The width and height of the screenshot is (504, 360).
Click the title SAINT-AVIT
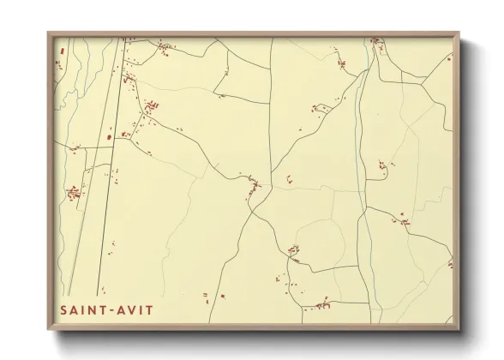point(106,309)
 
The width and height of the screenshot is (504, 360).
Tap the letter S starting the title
point(63,309)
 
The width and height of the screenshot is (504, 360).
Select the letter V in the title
point(131,309)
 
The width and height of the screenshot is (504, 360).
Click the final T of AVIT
point(150,309)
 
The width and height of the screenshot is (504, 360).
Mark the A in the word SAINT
point(73,309)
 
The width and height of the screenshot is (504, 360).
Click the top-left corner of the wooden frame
point(48,33)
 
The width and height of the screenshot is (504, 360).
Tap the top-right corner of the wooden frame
point(459,33)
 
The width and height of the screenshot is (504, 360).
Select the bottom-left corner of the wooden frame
point(48,330)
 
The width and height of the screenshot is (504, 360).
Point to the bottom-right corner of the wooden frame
point(459,330)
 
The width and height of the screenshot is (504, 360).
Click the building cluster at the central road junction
point(253,183)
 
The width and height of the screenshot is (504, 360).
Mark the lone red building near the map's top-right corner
point(447,59)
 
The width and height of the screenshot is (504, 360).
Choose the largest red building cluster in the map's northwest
point(150,108)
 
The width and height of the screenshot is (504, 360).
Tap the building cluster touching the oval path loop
point(293,250)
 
